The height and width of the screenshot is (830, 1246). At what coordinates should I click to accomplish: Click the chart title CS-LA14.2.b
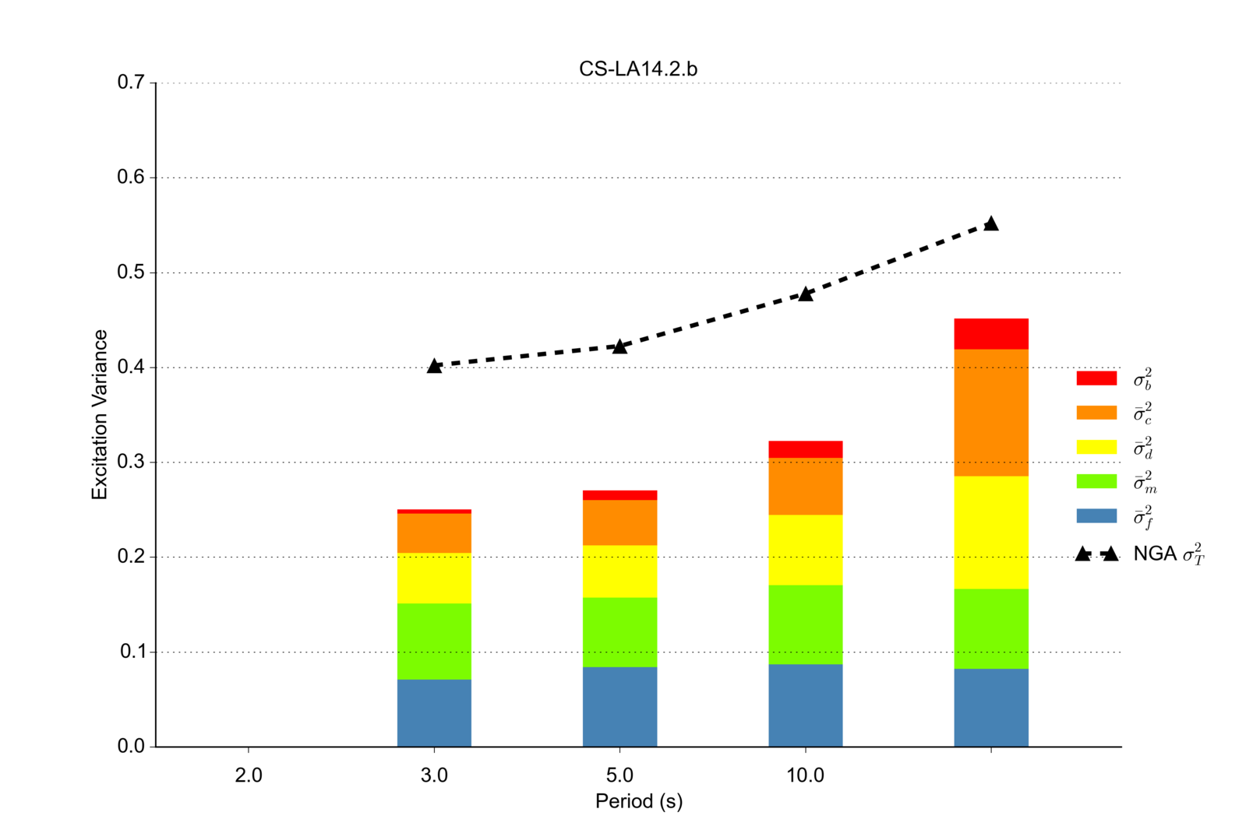pyautogui.click(x=637, y=69)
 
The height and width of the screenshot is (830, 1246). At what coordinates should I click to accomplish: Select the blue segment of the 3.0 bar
pyautogui.click(x=434, y=712)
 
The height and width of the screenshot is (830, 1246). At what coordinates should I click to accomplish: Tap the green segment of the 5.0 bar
pyautogui.click(x=619, y=631)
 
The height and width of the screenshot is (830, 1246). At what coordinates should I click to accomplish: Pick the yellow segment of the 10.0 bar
pyautogui.click(x=805, y=550)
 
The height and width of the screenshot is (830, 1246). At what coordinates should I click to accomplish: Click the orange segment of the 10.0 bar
pyautogui.click(x=805, y=486)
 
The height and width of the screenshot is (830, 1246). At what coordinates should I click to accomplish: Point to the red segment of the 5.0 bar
pyautogui.click(x=619, y=495)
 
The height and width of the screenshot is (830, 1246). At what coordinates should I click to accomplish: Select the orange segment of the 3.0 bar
pyautogui.click(x=434, y=533)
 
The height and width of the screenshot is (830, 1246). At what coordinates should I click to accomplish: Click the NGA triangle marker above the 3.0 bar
pyautogui.click(x=434, y=365)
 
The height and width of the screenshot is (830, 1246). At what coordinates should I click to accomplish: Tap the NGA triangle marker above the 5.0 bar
pyautogui.click(x=619, y=346)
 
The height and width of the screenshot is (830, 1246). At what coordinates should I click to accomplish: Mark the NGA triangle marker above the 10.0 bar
pyautogui.click(x=806, y=294)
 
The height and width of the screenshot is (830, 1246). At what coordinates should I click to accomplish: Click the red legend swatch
pyautogui.click(x=1096, y=378)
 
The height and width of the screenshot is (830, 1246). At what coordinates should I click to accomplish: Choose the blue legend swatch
pyautogui.click(x=1096, y=515)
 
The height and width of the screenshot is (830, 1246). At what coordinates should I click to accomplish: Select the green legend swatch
pyautogui.click(x=1096, y=481)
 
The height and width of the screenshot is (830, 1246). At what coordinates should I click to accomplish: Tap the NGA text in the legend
pyautogui.click(x=1155, y=554)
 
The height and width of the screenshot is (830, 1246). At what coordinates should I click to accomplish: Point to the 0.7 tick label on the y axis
pyautogui.click(x=131, y=83)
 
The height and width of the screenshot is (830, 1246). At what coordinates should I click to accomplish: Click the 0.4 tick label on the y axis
pyautogui.click(x=131, y=367)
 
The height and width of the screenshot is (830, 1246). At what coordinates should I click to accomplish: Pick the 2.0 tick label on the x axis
pyautogui.click(x=249, y=775)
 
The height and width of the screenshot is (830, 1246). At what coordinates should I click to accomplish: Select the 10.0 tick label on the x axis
pyautogui.click(x=805, y=775)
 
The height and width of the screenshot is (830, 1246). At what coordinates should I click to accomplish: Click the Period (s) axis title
pyautogui.click(x=638, y=801)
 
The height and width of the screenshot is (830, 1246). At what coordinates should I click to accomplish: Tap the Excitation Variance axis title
pyautogui.click(x=100, y=414)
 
